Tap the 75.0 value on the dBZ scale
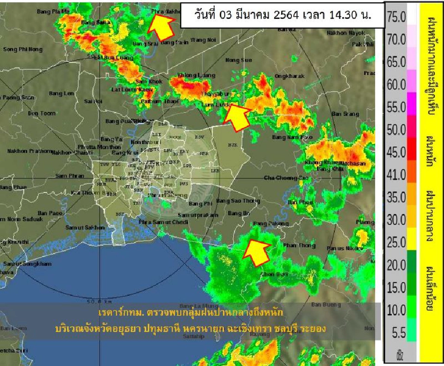396,18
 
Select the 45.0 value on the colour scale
396,153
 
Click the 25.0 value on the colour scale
396,242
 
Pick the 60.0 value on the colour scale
396,85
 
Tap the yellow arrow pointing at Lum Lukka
236,114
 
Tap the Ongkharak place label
289,75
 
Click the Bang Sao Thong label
238,201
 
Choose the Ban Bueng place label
326,304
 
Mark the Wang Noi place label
203,40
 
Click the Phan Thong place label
297,245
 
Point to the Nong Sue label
239,60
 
